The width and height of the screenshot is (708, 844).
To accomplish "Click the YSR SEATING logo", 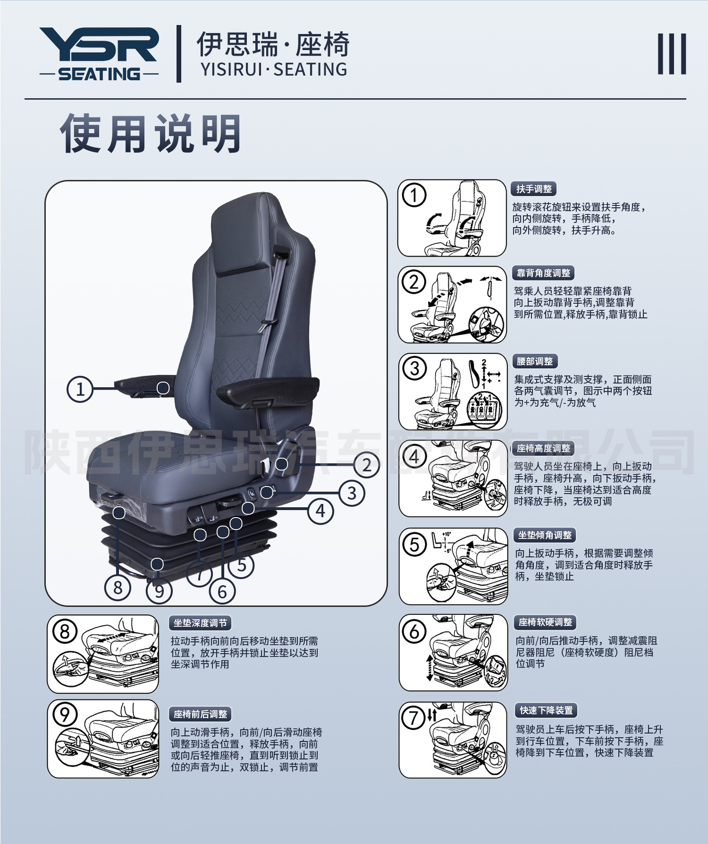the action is tap(99, 54).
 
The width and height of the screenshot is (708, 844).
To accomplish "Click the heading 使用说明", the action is tap(151, 134).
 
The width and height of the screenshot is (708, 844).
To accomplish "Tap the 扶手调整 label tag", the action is tap(534, 189).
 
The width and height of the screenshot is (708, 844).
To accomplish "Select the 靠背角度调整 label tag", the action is tap(543, 273).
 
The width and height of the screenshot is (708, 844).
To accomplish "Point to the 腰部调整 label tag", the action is tap(534, 361).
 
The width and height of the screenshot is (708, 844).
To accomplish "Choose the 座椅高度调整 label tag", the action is tap(543, 448).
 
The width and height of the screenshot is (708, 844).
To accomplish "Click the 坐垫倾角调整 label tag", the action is tap(545, 535).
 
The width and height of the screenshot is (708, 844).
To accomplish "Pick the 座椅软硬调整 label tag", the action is tap(545, 622).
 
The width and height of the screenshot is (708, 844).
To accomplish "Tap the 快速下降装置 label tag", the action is tap(546, 710).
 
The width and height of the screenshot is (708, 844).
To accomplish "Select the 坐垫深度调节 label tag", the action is tap(200, 623).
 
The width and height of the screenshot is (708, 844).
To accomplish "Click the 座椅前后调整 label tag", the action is tap(200, 714).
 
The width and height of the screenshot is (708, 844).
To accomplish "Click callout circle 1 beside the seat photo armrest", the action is tap(80, 389).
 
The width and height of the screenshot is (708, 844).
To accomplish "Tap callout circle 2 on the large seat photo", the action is tap(367, 465).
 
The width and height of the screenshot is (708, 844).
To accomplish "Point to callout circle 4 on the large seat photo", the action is tap(321, 511).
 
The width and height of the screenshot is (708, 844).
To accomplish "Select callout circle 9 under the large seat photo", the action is tap(159, 590).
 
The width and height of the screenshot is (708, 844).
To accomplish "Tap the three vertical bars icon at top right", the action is tap(672, 54).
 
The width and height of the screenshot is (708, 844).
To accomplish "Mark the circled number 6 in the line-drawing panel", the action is tap(414, 631).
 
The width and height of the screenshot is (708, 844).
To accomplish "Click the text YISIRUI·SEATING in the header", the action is tap(274, 69).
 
